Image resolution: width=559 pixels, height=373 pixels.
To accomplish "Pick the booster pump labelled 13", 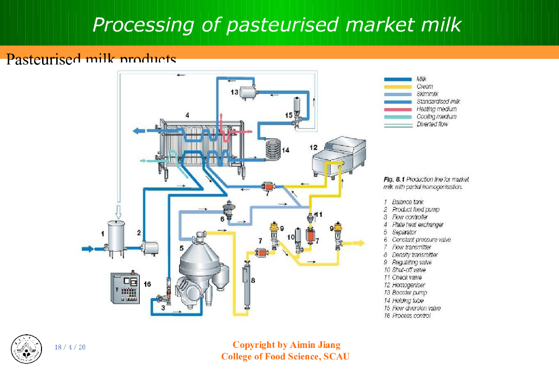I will [248, 92].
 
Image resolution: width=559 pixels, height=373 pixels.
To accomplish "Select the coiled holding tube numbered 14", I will [271, 149].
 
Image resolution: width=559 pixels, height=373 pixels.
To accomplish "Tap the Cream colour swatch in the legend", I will [398, 86].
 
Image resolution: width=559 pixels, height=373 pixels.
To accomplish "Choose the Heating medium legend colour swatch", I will [398, 109].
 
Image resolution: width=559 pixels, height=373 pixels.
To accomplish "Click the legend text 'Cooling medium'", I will [436, 117].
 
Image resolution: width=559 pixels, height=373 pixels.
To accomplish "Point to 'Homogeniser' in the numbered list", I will [408, 285].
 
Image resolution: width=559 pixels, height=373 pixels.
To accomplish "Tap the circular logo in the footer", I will [26, 348].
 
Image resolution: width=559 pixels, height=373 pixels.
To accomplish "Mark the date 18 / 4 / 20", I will [70, 348].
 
